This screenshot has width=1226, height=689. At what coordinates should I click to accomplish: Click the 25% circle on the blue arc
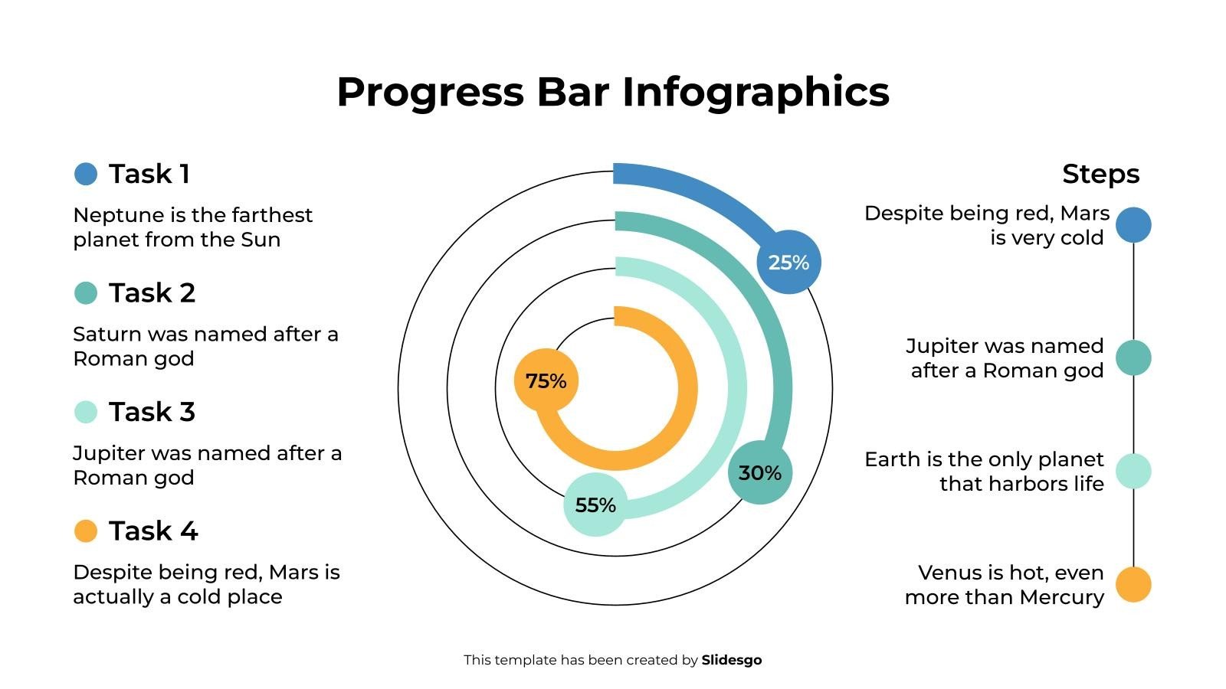click(x=788, y=262)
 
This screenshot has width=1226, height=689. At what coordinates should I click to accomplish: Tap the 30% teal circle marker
click(x=759, y=472)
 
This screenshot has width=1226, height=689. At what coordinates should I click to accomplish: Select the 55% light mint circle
click(x=595, y=505)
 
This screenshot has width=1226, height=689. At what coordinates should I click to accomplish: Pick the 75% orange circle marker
click(x=546, y=380)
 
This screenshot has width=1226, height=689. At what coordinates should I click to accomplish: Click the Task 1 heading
click(x=149, y=174)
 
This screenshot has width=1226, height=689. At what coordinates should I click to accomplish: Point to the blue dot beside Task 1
click(x=86, y=174)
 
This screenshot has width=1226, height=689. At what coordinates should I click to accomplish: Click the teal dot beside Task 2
click(x=86, y=292)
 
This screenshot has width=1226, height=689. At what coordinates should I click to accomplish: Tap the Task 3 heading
click(x=152, y=412)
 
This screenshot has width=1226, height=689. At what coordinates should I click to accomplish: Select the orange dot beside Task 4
click(x=86, y=531)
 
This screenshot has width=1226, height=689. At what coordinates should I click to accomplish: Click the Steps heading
click(x=1100, y=174)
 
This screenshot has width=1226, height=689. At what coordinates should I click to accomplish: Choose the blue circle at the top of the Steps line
click(x=1133, y=225)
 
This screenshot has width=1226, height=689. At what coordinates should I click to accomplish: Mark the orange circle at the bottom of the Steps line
click(x=1133, y=584)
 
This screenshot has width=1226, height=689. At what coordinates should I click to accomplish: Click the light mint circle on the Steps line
click(x=1133, y=471)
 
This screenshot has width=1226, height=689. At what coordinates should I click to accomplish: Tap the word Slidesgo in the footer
click(x=732, y=660)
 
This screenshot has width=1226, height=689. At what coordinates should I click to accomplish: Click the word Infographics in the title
click(x=755, y=92)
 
